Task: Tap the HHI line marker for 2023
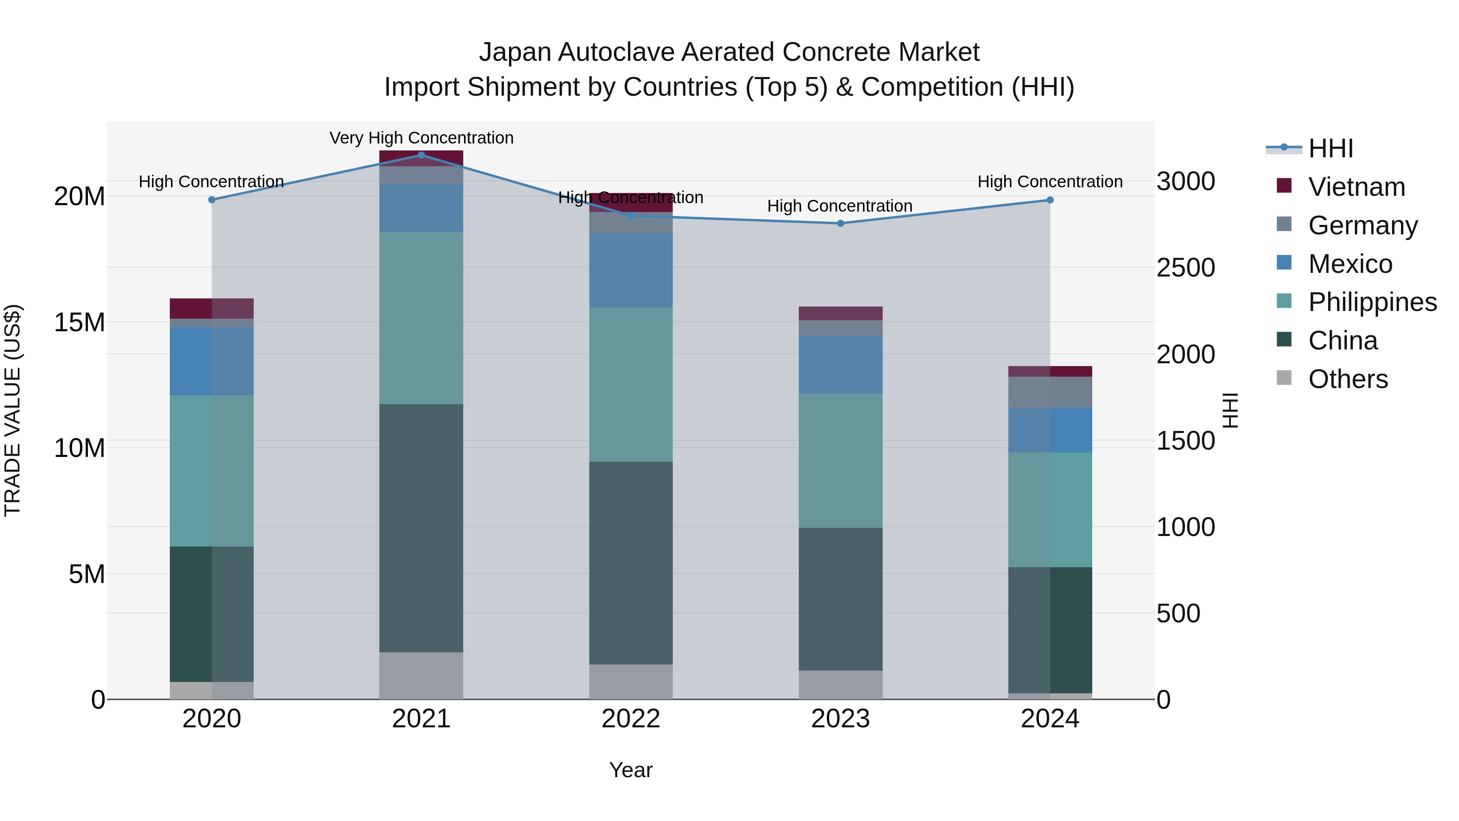pyautogui.click(x=841, y=223)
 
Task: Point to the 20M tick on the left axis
pyautogui.click(x=79, y=197)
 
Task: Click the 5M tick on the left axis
pyautogui.click(x=87, y=574)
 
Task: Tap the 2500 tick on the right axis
pyautogui.click(x=1185, y=268)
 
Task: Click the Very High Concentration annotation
pyautogui.click(x=421, y=138)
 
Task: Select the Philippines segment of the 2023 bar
pyautogui.click(x=841, y=460)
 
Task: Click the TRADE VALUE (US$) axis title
pyautogui.click(x=13, y=410)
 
